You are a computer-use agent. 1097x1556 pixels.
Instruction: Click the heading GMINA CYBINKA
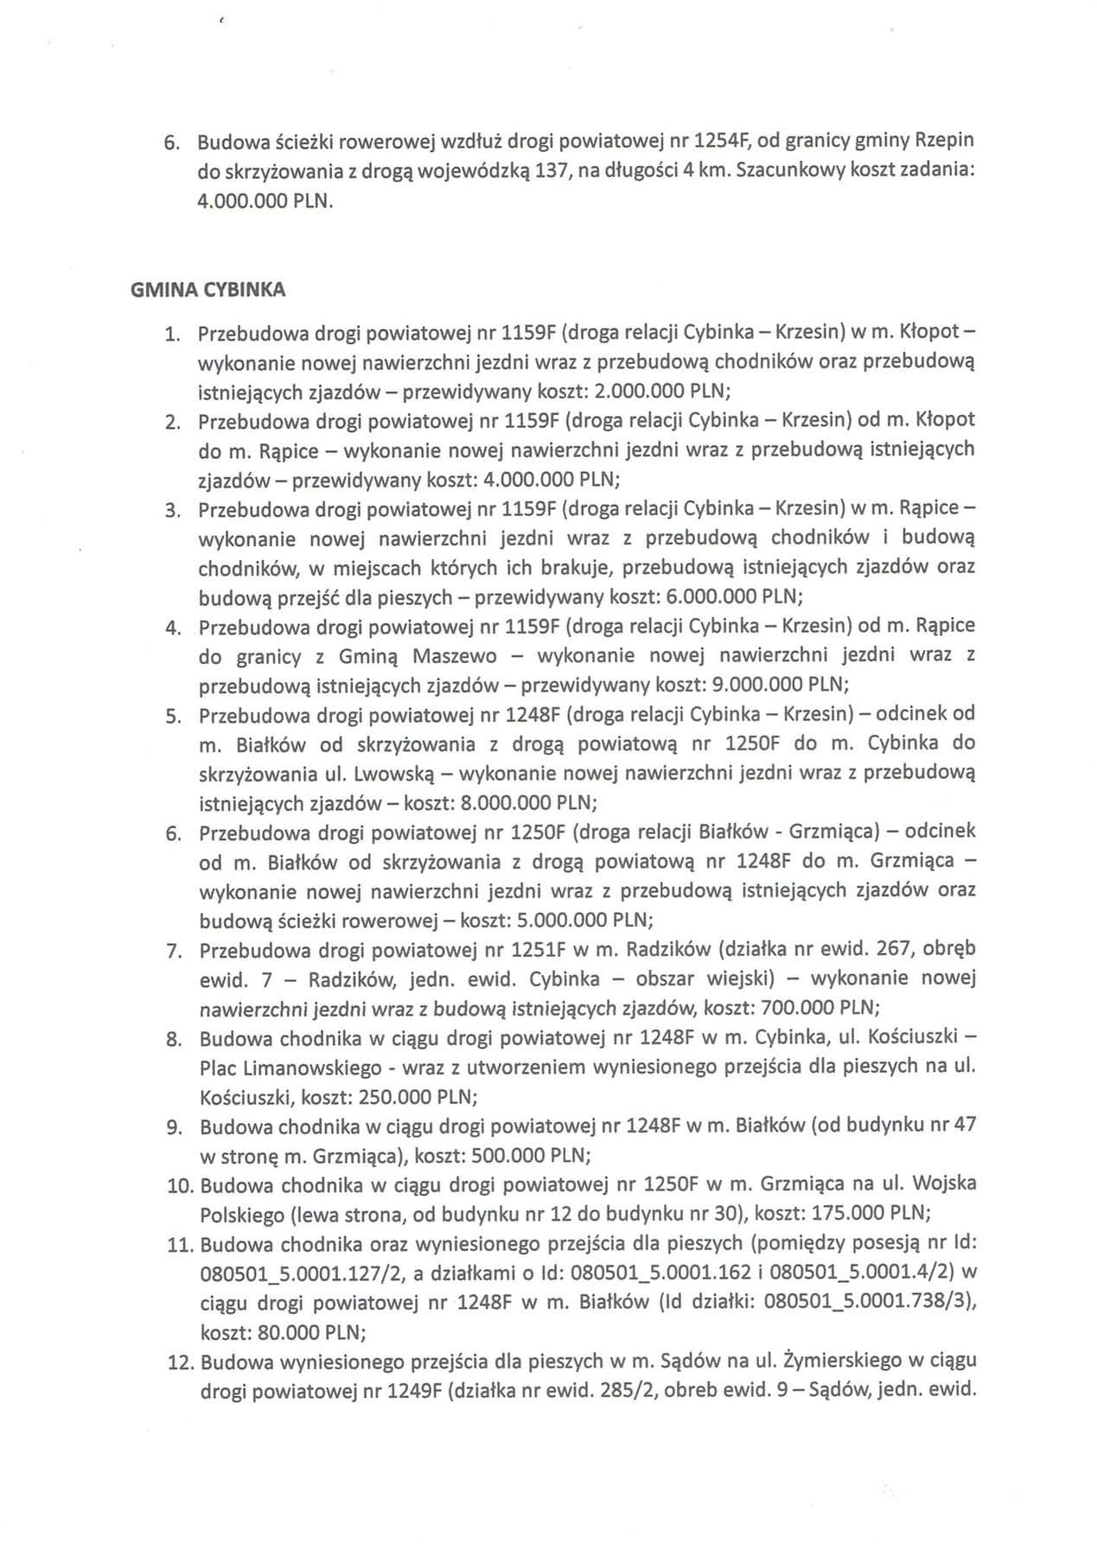[207, 290]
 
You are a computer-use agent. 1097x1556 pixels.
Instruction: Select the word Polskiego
[242, 1215]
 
